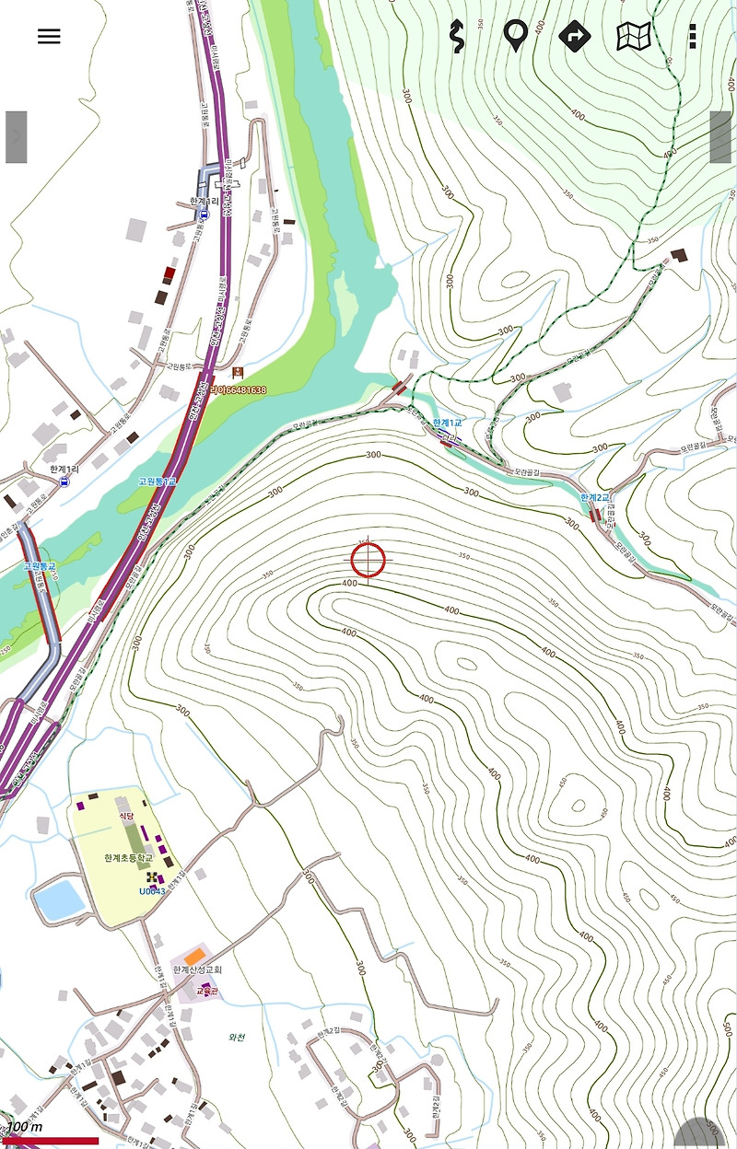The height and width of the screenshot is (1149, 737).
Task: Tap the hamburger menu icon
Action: tap(49, 37)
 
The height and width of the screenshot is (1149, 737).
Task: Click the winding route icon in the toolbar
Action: tap(455, 37)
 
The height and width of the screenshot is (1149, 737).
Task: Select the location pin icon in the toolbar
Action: tap(515, 35)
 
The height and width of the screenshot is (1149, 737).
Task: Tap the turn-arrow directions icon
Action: tap(574, 37)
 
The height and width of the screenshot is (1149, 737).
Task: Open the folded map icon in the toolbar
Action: tap(634, 37)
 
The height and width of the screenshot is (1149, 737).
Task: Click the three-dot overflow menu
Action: tap(693, 37)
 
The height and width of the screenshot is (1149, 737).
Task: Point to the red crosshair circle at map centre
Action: tap(367, 560)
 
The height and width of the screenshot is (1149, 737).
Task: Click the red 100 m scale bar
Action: tap(51, 1141)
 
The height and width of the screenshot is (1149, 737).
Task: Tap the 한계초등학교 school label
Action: tap(129, 857)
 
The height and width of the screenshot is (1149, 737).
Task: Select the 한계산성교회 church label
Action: tap(198, 969)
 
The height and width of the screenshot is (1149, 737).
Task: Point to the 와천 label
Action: tap(238, 1037)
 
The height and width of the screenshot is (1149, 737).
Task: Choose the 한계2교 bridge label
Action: tap(595, 498)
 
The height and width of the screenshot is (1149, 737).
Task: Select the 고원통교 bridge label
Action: tap(39, 566)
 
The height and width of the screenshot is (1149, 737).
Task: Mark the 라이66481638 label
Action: tap(238, 390)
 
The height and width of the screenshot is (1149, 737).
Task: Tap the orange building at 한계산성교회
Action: tap(193, 955)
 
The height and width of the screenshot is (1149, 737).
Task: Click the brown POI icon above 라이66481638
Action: tap(238, 372)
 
